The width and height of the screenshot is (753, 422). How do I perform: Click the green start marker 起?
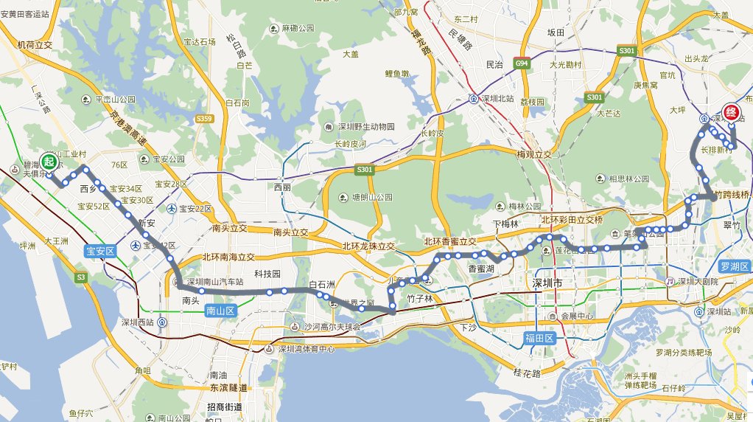[49, 162]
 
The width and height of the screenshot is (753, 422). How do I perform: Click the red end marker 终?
[731, 112]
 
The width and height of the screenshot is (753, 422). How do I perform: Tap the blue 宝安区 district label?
[100, 251]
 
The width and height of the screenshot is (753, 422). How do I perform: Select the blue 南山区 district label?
[220, 312]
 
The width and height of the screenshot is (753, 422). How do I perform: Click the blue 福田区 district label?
[539, 338]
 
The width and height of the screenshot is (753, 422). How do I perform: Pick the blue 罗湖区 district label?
[734, 266]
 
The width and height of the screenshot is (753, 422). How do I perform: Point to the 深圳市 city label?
[547, 283]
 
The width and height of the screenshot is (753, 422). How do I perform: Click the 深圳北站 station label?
[495, 98]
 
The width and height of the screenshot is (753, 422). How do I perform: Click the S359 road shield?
[205, 118]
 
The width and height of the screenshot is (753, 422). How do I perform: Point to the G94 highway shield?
[522, 64]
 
